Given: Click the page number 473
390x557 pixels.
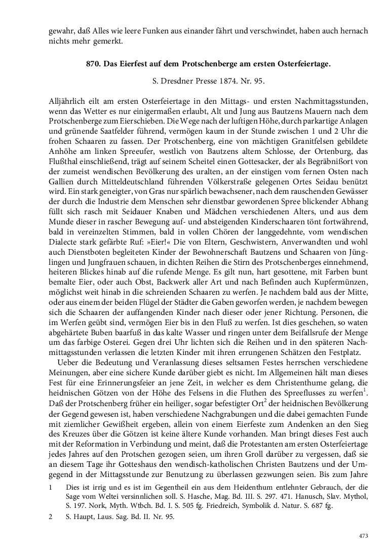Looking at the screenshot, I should (363, 536).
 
